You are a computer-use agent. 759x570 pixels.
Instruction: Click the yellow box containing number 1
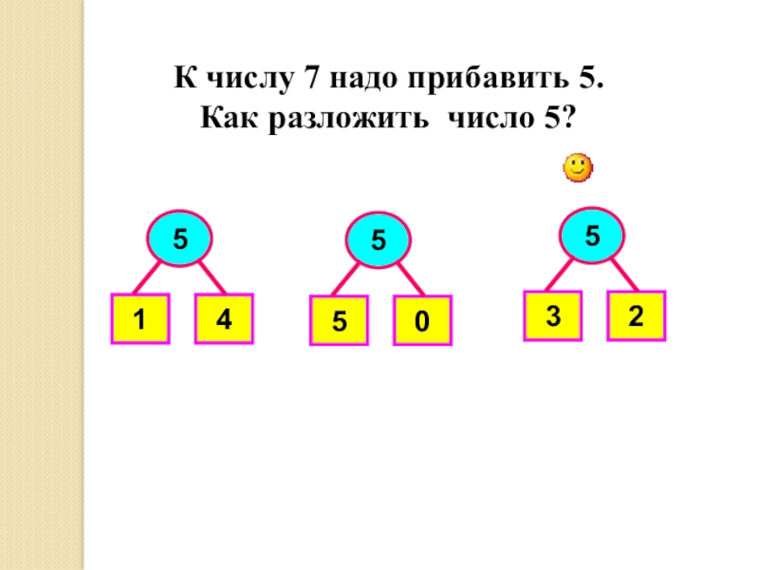[139, 321]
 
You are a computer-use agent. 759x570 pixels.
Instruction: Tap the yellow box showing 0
[421, 321]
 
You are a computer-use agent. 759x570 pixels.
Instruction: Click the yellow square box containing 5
[338, 321]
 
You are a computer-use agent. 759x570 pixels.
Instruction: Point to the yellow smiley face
[577, 169]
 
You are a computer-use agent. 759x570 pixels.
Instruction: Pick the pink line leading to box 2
[623, 274]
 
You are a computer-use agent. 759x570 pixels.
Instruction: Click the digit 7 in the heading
[310, 79]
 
